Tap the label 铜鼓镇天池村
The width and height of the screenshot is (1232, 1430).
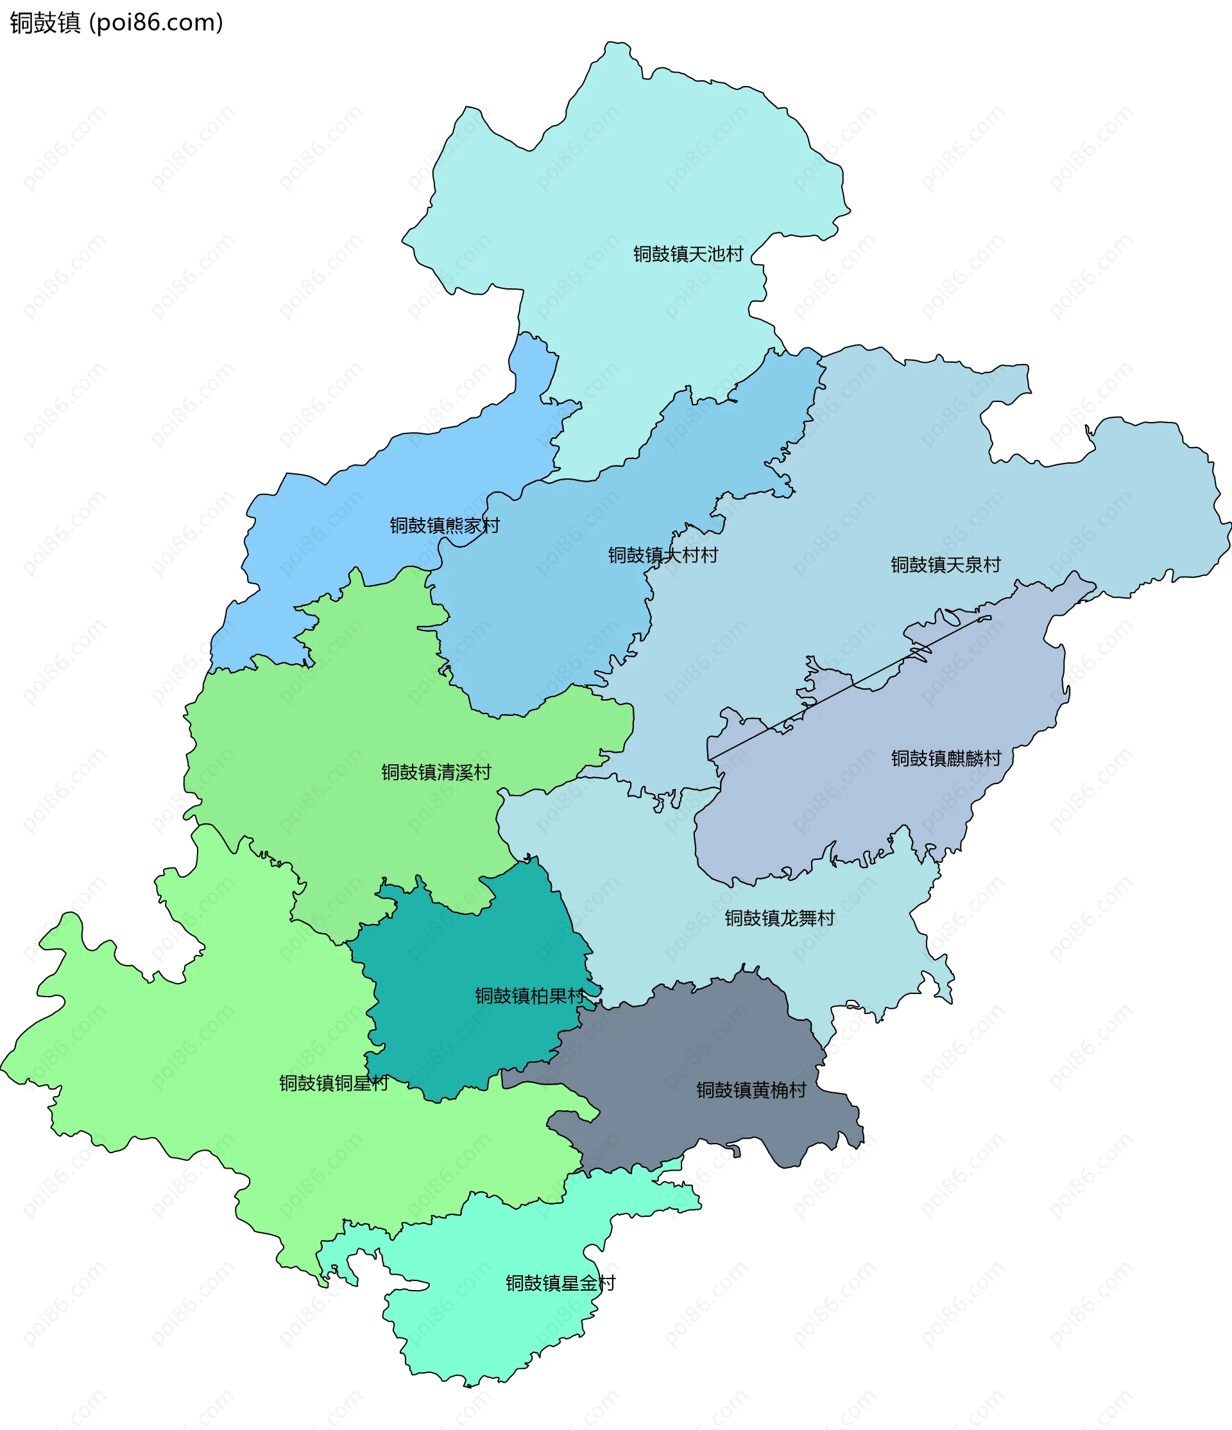[688, 254]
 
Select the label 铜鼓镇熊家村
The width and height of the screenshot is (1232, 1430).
[444, 525]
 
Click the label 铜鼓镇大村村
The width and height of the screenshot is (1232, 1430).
[662, 555]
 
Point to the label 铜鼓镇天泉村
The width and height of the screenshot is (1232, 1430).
[945, 564]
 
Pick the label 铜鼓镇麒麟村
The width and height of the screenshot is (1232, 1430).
[946, 758]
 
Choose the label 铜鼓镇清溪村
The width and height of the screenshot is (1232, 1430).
[436, 772]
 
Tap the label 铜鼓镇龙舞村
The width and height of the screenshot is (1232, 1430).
[780, 918]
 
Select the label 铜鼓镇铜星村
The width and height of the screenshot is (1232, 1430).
[334, 1083]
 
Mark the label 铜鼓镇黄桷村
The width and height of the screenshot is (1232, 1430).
[751, 1090]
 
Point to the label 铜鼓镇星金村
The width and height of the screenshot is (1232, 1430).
[560, 1283]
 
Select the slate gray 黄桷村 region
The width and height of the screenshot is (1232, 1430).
[690, 1049]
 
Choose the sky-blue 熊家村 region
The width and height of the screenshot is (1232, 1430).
[345, 525]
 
